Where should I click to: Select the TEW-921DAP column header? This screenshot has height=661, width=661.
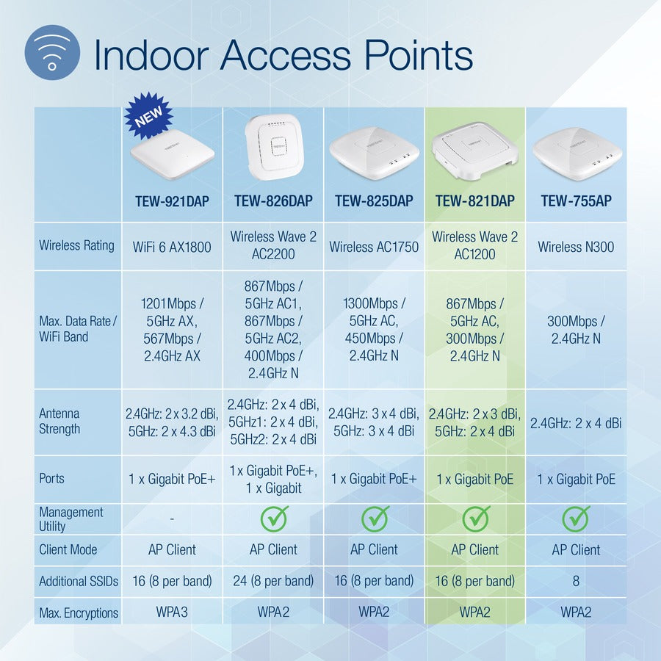pos(172,201)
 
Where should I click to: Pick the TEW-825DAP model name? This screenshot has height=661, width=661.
pos(374,201)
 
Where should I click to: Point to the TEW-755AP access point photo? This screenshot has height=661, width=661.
pos(576,153)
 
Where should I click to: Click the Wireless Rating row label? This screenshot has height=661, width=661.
pos(76,245)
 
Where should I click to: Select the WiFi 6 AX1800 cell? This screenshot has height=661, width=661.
pos(172,247)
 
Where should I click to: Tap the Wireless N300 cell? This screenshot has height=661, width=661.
pos(576,247)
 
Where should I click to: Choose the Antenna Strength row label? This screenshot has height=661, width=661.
pos(59,422)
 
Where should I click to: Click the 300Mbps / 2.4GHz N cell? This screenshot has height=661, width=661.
pos(576,330)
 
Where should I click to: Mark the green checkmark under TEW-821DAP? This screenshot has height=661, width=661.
pos(475,519)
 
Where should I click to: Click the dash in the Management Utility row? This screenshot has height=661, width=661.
pos(172,519)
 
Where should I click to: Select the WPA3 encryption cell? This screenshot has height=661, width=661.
pos(172,612)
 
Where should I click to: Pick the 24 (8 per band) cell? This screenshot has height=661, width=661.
pos(273,581)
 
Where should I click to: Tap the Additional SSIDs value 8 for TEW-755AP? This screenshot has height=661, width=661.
pos(576,581)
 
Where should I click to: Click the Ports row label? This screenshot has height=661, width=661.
pos(52,478)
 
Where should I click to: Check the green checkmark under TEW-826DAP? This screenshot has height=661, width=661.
pos(273,519)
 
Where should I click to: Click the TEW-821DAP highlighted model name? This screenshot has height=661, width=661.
pos(475,201)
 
